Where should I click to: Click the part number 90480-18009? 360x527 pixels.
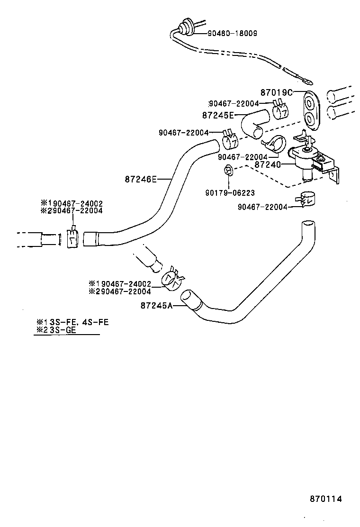[x=232, y=33]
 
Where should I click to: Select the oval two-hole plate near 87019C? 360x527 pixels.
[x=311, y=109]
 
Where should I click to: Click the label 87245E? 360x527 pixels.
[x=218, y=115]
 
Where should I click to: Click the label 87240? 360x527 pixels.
[x=268, y=165]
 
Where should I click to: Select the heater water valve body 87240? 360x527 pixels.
[x=307, y=161]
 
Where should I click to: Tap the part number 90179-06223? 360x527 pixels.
[x=230, y=193]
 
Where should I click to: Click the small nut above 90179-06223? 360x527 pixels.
[x=228, y=171]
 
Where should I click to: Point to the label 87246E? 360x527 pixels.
[x=141, y=179]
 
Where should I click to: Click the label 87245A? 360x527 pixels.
[x=156, y=306]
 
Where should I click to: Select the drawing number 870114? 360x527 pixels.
[x=326, y=499]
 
